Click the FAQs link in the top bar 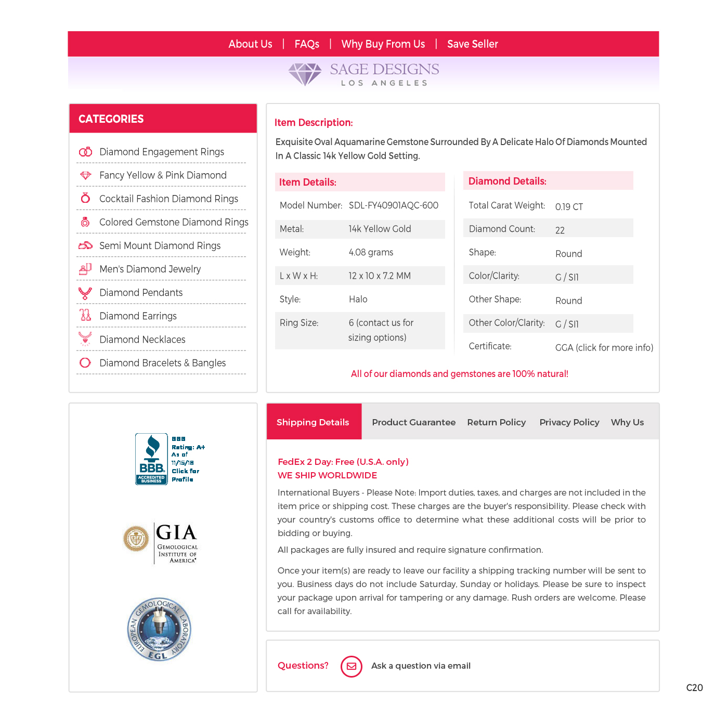[x=307, y=44]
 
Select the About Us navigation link [x=250, y=44]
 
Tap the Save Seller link [x=472, y=44]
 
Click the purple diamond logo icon [x=305, y=74]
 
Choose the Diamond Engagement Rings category [x=161, y=152]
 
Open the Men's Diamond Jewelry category [x=150, y=269]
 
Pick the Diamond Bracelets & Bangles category [x=162, y=363]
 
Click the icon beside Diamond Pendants [x=85, y=293]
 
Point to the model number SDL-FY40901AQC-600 [x=393, y=205]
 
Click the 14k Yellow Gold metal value [x=380, y=229]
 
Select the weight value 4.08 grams [x=371, y=252]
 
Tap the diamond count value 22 [x=560, y=230]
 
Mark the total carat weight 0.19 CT [x=569, y=207]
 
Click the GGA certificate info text [x=604, y=347]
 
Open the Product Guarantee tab [x=413, y=422]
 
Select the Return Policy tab [x=496, y=422]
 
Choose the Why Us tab [x=627, y=422]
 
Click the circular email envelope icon [x=352, y=666]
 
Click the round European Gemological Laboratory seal [x=159, y=629]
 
